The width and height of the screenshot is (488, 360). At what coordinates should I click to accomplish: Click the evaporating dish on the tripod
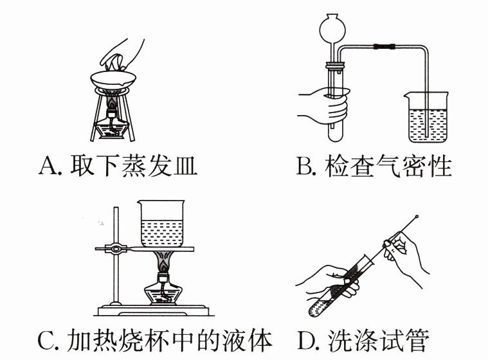tap(113, 80)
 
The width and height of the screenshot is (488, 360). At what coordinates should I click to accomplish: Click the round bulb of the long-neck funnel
tap(332, 29)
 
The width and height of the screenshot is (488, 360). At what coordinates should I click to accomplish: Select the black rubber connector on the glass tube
tap(384, 47)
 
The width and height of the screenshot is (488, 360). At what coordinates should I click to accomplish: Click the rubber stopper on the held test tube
tap(335, 66)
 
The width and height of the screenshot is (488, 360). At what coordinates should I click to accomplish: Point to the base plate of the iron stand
tap(152, 310)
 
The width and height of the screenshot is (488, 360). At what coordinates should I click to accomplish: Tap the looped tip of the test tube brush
tap(417, 217)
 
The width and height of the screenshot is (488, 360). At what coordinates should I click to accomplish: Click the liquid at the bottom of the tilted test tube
tap(318, 307)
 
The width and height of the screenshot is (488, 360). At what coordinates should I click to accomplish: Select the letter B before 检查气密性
tap(303, 165)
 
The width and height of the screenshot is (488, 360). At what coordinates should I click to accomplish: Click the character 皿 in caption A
tap(185, 166)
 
